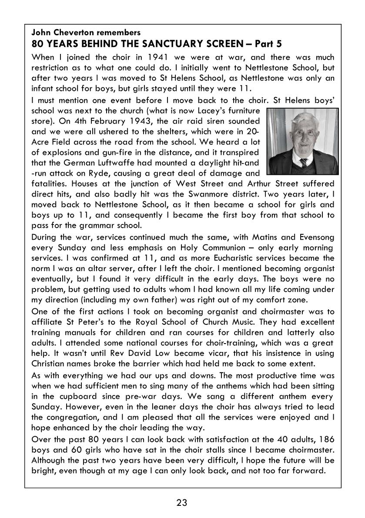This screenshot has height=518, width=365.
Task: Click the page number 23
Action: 182,503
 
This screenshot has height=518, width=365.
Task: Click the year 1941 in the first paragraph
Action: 161,57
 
